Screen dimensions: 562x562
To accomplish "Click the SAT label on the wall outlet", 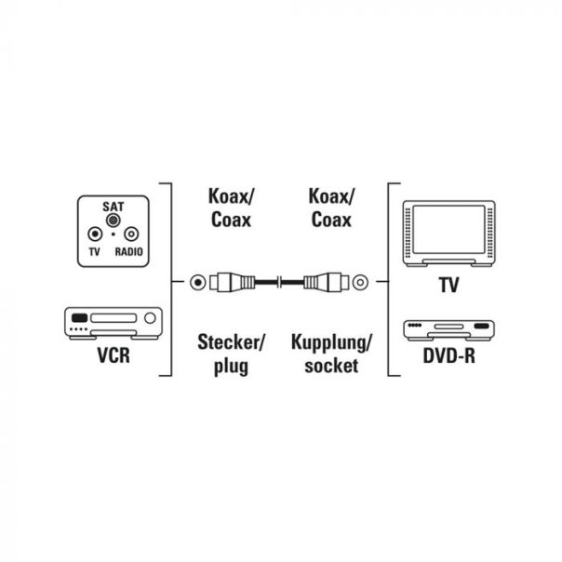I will (x=113, y=204).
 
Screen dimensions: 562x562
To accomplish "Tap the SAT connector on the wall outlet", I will (x=113, y=221).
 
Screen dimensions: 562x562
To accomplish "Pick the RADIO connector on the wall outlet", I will (x=130, y=236).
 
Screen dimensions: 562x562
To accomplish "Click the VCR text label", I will (x=112, y=357).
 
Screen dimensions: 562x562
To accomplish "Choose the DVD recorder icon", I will (x=448, y=329).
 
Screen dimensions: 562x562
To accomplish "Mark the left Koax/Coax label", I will (x=232, y=207).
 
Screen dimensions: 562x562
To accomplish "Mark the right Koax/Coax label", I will (x=330, y=207).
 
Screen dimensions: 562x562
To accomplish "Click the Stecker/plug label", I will (x=232, y=354).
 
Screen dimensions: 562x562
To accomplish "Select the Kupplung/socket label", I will (x=330, y=354).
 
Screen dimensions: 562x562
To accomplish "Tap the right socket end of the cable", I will (x=328, y=280).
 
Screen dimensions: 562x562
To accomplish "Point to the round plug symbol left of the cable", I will (x=196, y=280).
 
